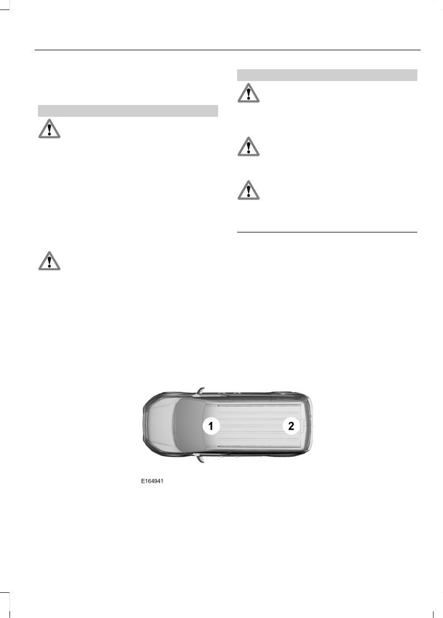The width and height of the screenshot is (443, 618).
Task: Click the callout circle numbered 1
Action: pyautogui.click(x=211, y=426)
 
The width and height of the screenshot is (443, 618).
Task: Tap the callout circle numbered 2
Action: pyautogui.click(x=291, y=426)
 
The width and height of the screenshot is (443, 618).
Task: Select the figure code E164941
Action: pyautogui.click(x=152, y=481)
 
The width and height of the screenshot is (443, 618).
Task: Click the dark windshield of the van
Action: pyautogui.click(x=189, y=425)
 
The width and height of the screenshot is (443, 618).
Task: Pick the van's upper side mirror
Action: pyautogui.click(x=201, y=391)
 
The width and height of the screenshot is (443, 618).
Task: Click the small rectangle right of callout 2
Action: pyautogui.click(x=303, y=426)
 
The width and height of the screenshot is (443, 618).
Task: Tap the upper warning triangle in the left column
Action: pyautogui.click(x=49, y=129)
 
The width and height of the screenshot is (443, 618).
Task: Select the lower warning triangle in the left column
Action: pyautogui.click(x=49, y=260)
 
